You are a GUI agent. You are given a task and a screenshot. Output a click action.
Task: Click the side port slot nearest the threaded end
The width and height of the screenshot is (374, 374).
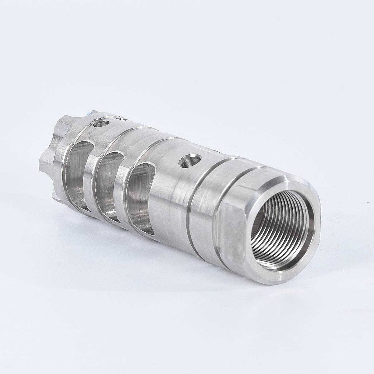click(137, 193)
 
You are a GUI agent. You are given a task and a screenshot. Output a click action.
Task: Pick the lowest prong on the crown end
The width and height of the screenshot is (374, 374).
click(56, 195)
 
